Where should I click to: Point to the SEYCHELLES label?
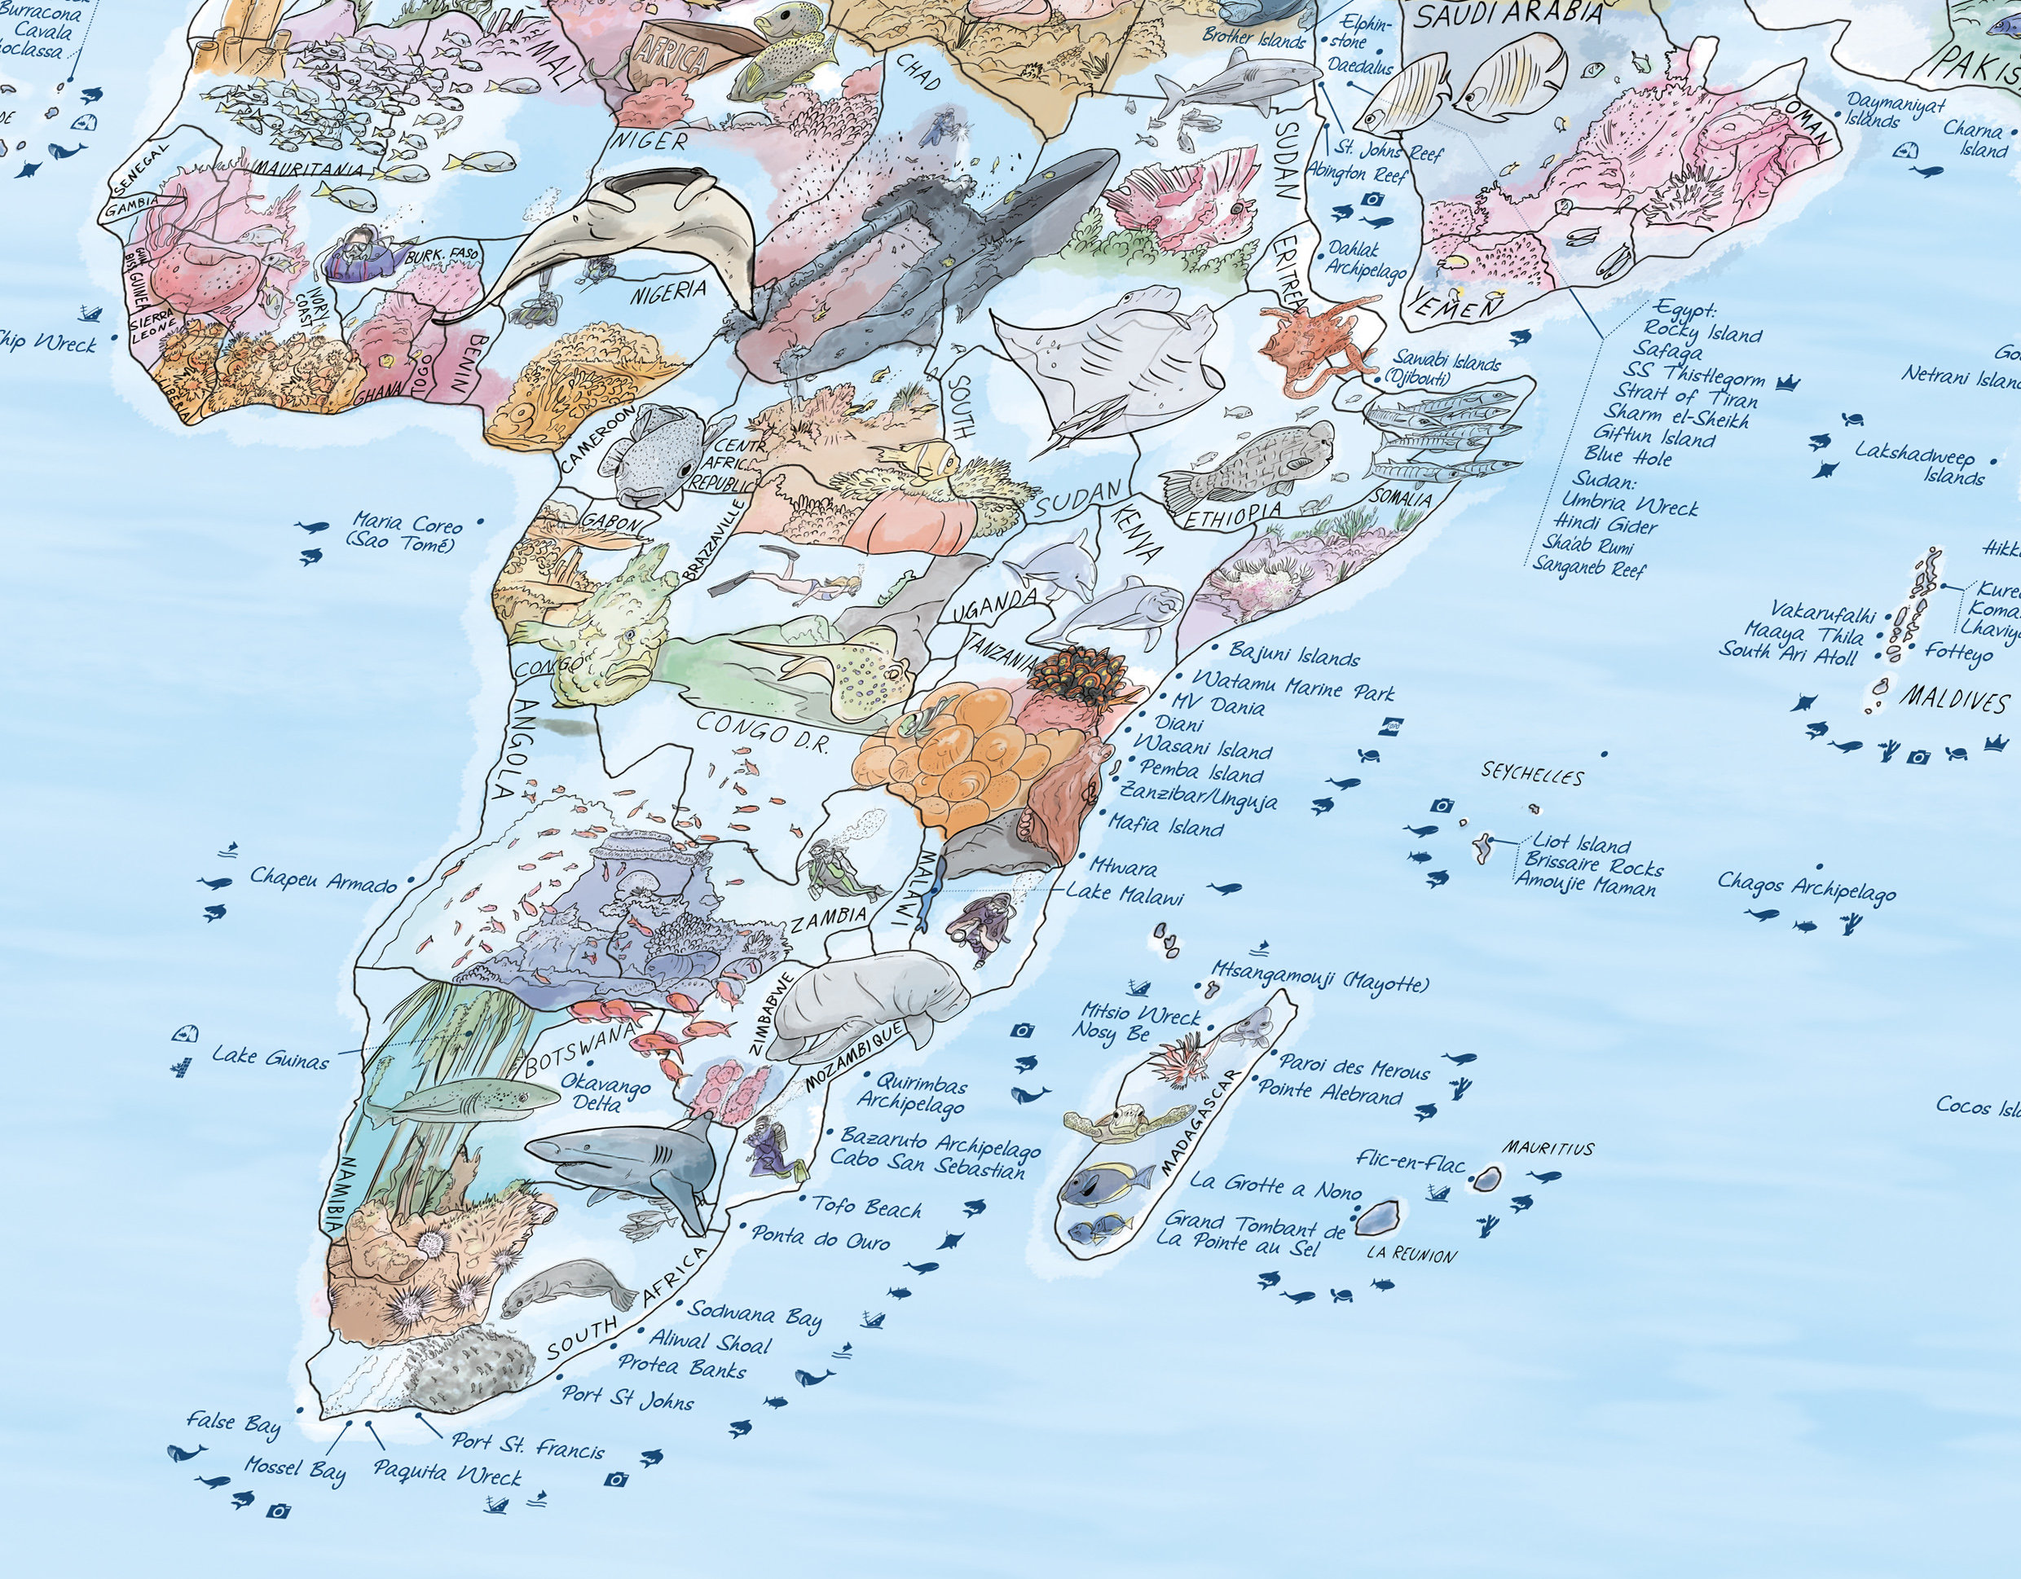click(x=1531, y=772)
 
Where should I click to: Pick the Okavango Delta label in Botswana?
click(x=605, y=1093)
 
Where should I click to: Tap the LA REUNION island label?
click(x=1411, y=1256)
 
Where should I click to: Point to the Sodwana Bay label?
click(x=754, y=1314)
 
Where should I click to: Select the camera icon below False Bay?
click(x=277, y=1511)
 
